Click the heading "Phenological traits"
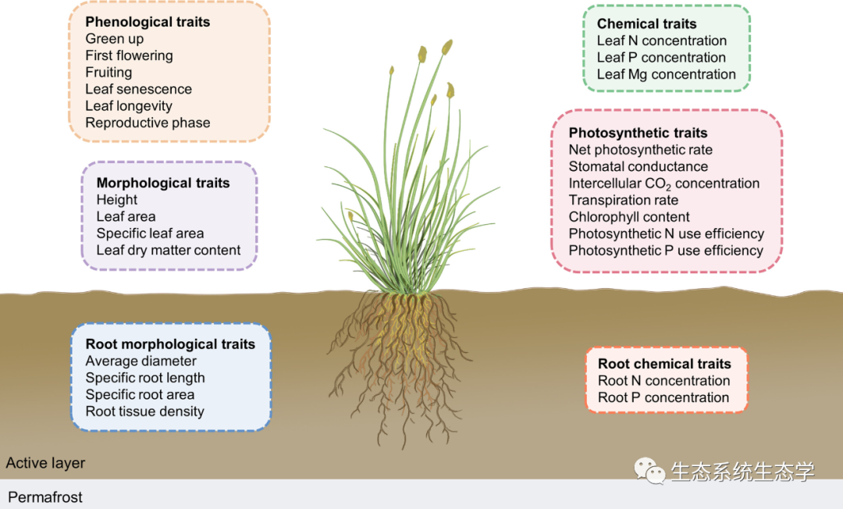coord(148,22)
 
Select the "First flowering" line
coord(129,55)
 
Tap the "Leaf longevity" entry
coord(129,106)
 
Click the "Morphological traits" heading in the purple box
coord(163,183)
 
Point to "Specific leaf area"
coord(150,233)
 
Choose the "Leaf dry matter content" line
coord(169,251)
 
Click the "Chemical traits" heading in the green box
coord(646,24)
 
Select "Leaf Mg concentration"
coord(666,75)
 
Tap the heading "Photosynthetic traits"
coord(638,133)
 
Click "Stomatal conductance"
coord(638,166)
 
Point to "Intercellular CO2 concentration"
coord(663,184)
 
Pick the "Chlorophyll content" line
coord(629,217)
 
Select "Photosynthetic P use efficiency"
coord(666,251)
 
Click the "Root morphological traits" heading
coord(170,344)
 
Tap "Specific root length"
coord(145,378)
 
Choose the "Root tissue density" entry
coord(144,411)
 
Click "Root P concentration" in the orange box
coord(663,397)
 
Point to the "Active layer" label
coord(45,463)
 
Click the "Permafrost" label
coord(45,497)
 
